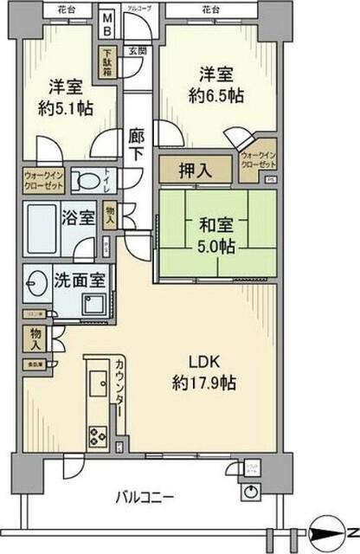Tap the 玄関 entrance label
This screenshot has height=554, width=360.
[x=138, y=51]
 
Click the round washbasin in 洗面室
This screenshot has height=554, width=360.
[x=37, y=285]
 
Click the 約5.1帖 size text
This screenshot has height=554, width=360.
[x=67, y=108]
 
